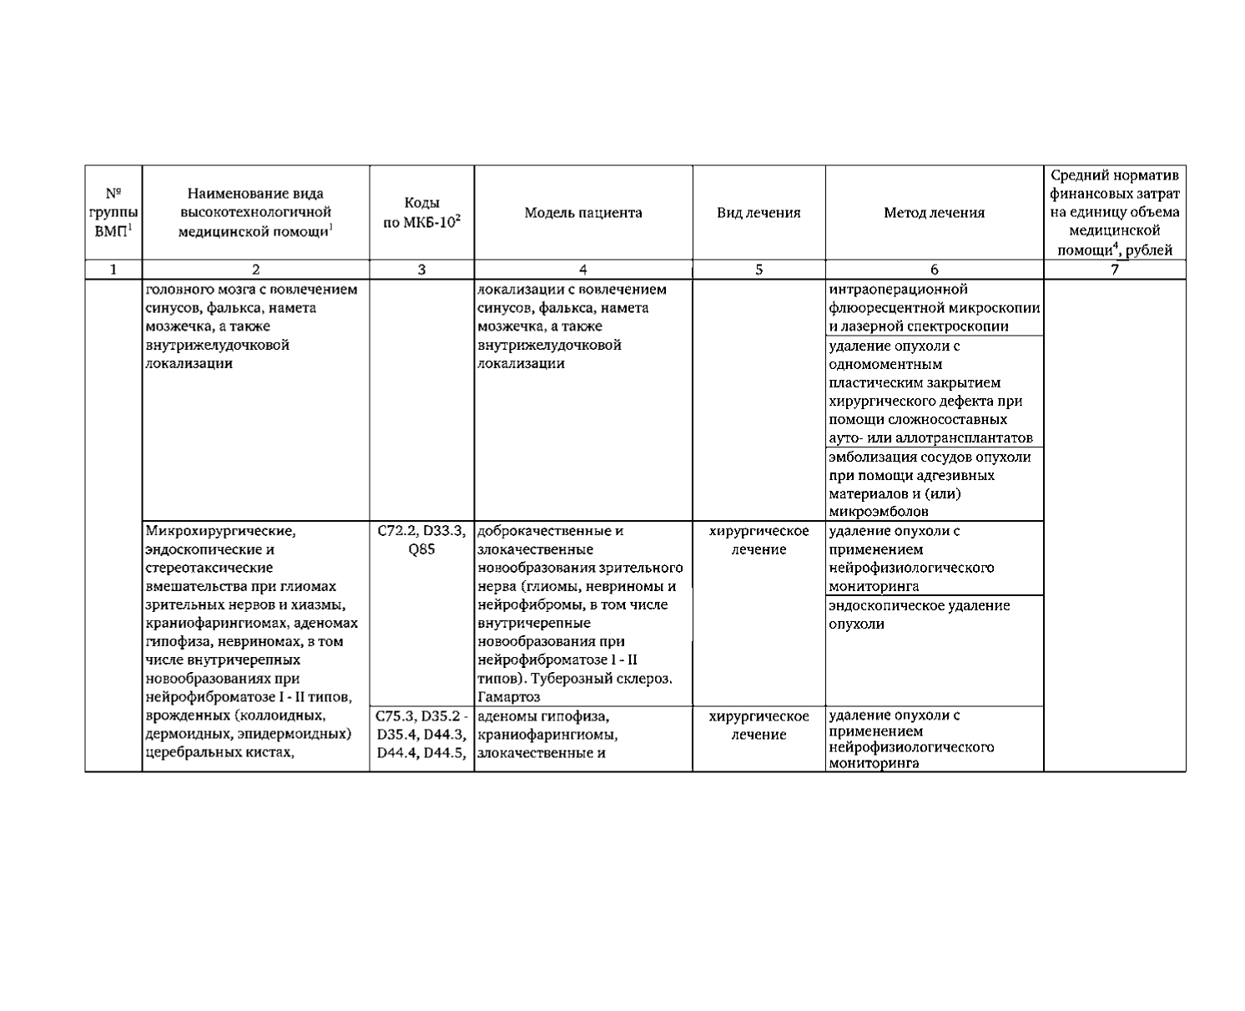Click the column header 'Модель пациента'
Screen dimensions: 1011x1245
[582, 213]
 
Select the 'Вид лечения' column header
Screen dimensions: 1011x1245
[759, 213]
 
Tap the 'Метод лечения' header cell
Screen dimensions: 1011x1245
[934, 213]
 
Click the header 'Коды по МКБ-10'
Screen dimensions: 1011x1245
[421, 213]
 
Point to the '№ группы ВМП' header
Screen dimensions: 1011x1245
[113, 213]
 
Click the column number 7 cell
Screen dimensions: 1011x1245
[1114, 270]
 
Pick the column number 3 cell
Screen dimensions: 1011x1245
[421, 270]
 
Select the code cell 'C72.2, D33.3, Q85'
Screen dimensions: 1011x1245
[421, 540]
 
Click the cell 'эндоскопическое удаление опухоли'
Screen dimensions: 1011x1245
[919, 614]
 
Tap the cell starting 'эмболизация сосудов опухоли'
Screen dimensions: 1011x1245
[930, 484]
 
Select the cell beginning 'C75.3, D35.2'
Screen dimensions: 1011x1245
[421, 735]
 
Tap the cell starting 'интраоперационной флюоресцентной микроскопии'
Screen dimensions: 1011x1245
[934, 308]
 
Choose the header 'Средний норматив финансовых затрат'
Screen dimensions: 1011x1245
[1114, 213]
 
